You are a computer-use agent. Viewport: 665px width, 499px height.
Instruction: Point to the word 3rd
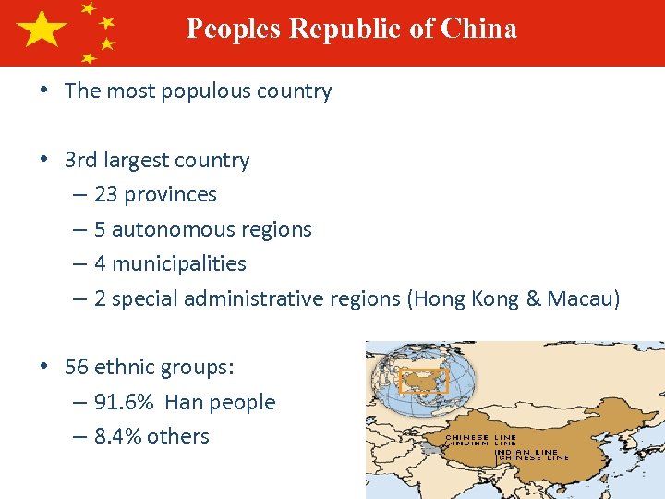click(80, 160)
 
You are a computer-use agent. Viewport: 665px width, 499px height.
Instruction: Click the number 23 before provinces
click(105, 195)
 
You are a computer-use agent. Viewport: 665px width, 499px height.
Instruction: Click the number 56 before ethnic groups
click(77, 367)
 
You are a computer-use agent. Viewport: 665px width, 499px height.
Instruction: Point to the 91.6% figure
click(125, 402)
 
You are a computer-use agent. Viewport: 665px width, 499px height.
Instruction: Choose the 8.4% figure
click(117, 436)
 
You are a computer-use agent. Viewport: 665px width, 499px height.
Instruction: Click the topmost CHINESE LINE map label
click(481, 436)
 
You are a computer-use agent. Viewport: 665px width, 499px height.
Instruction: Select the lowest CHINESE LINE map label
click(534, 457)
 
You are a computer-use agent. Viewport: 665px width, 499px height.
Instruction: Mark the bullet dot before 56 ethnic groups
click(43, 367)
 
